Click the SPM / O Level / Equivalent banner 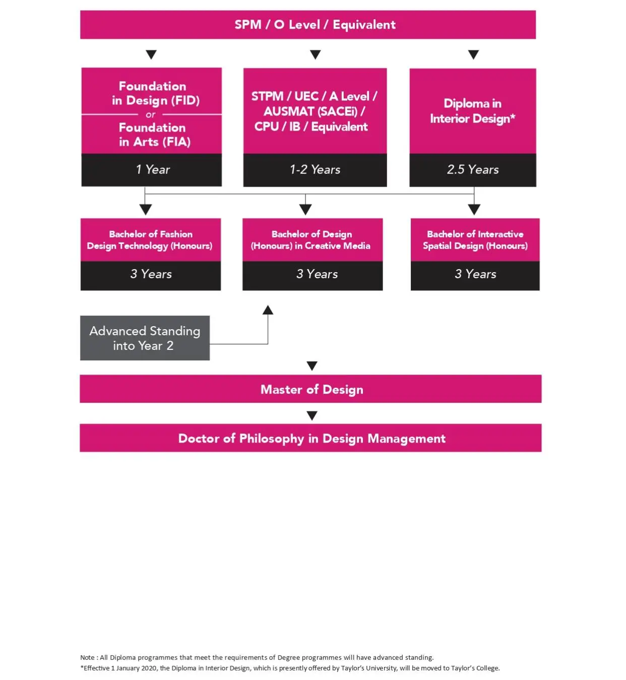[307, 25]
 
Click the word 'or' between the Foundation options [151, 115]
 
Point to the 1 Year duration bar [152, 170]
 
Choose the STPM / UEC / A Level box [315, 111]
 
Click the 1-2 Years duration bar [315, 170]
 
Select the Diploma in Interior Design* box [472, 111]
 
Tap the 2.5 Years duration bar [472, 170]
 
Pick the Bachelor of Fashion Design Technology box [150, 240]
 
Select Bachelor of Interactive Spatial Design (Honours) [475, 240]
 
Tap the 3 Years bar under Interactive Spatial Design [475, 274]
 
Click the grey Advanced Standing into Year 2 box [145, 338]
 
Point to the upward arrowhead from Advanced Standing [268, 310]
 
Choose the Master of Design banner [310, 389]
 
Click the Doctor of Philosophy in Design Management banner [310, 438]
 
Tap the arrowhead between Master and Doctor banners [312, 415]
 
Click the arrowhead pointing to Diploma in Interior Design [473, 54]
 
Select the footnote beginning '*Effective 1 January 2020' [290, 668]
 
